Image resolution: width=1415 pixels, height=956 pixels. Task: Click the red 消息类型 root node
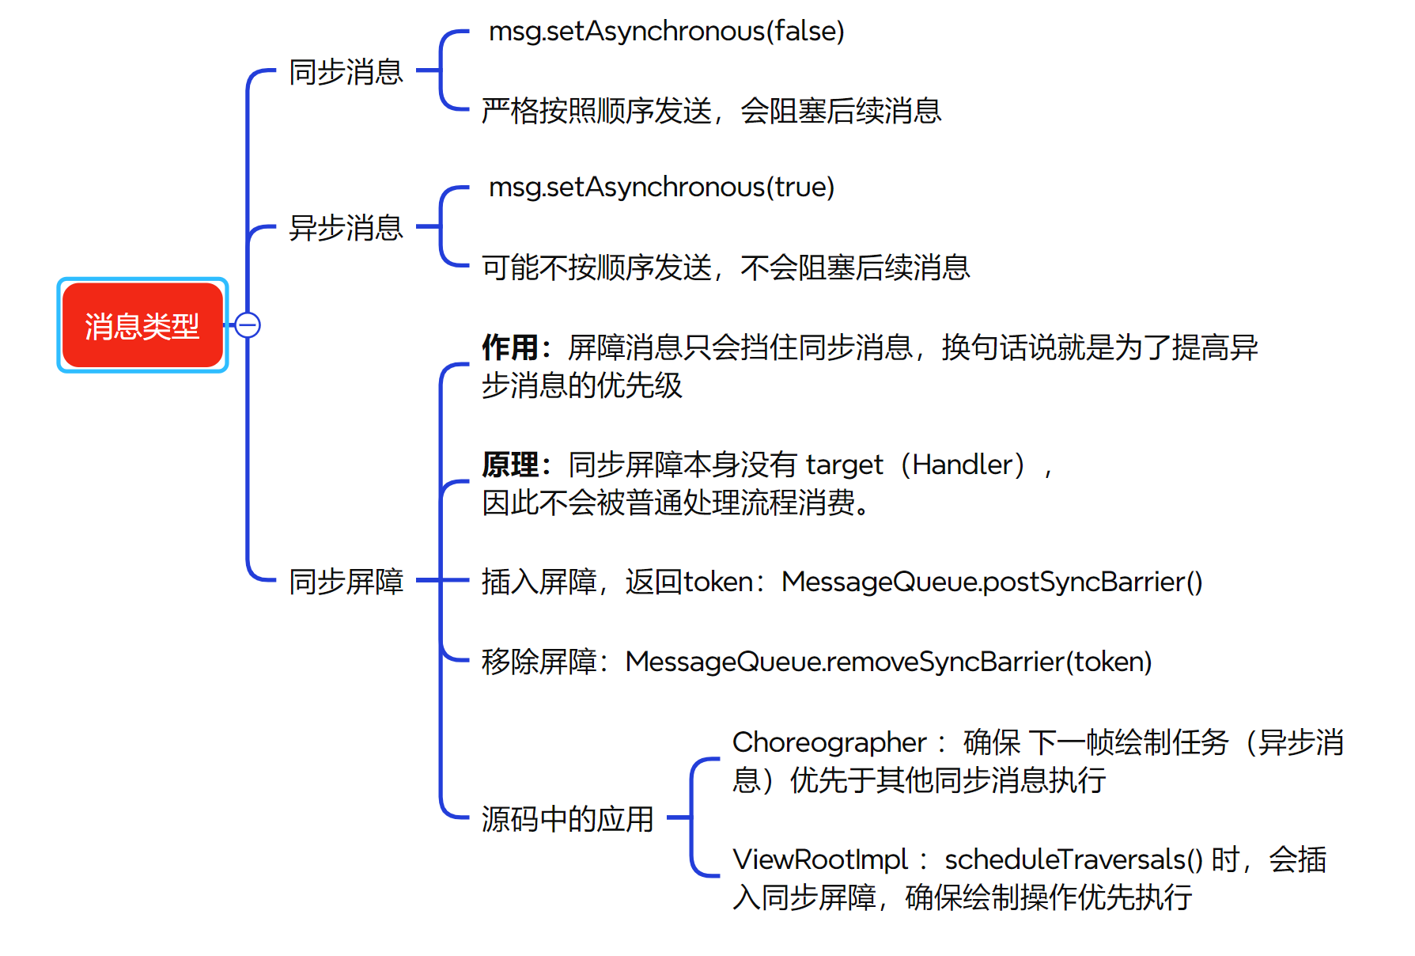coord(142,325)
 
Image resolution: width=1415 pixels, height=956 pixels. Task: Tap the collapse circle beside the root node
coord(248,325)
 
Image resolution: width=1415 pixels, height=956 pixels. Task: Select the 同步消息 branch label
coord(346,72)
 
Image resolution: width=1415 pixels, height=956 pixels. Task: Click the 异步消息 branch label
coord(346,228)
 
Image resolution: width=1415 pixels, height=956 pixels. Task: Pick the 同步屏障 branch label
coord(346,582)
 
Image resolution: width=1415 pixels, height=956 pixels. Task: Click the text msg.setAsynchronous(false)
coord(666,32)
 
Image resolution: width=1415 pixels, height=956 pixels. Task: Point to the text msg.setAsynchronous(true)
coord(661,188)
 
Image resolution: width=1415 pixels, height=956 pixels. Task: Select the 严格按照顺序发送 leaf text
coord(597,111)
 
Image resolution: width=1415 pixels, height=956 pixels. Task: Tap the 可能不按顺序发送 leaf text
coord(597,267)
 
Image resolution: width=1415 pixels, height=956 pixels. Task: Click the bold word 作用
coord(510,347)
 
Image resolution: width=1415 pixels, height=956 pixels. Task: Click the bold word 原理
coord(510,465)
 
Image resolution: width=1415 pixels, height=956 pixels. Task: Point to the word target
coord(844,465)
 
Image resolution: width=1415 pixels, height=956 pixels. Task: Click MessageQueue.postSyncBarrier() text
coord(991,582)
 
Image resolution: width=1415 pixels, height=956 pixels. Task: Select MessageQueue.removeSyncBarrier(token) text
coord(887,662)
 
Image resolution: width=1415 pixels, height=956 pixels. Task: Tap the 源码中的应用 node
coord(567,819)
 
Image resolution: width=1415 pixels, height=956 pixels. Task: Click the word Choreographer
coord(829,742)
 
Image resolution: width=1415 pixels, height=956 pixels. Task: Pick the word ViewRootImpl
coord(820,859)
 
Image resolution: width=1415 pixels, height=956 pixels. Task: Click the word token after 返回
coord(718,582)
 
